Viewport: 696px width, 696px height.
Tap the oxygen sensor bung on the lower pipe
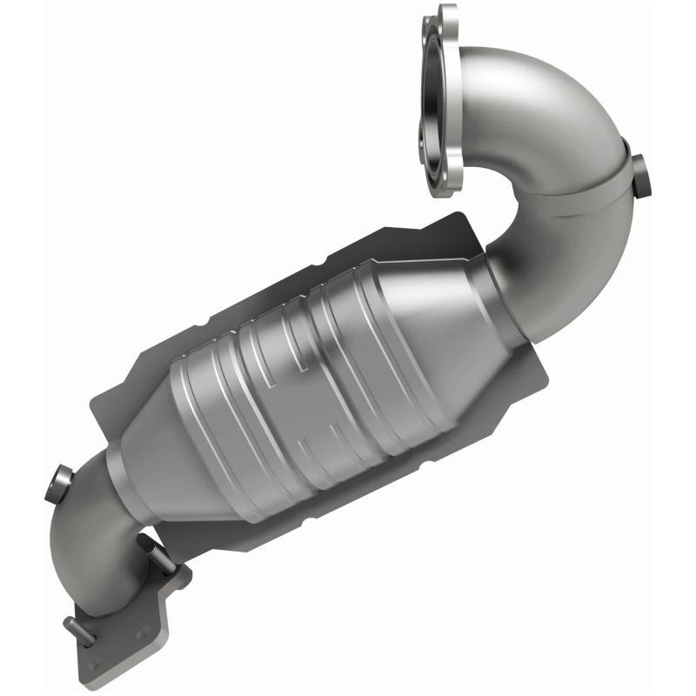point(58,481)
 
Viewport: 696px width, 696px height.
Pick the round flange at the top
point(441,96)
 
